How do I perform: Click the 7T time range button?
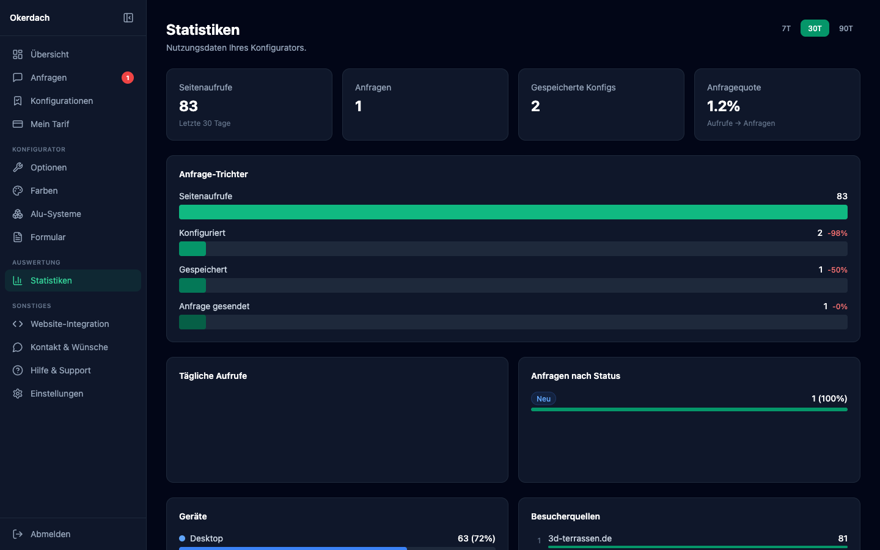point(786,29)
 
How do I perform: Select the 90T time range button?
point(846,29)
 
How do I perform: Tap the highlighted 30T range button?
point(815,29)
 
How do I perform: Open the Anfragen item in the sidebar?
point(49,78)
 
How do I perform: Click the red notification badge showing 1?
point(127,78)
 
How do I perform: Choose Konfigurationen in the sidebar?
point(62,101)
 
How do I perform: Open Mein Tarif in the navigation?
point(50,124)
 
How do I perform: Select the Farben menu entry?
point(44,191)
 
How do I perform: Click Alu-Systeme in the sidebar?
point(56,214)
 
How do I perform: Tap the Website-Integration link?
point(70,324)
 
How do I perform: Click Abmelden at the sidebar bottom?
point(50,534)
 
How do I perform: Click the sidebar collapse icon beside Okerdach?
point(128,18)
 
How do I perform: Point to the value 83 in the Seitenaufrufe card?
point(188,106)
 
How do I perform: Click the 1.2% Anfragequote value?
point(724,106)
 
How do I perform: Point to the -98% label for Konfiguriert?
point(837,233)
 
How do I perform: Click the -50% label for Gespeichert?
point(837,270)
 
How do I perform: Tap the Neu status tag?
point(543,399)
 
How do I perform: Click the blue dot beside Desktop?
point(182,538)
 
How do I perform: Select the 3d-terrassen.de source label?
point(580,538)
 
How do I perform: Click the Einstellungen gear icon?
point(18,394)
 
